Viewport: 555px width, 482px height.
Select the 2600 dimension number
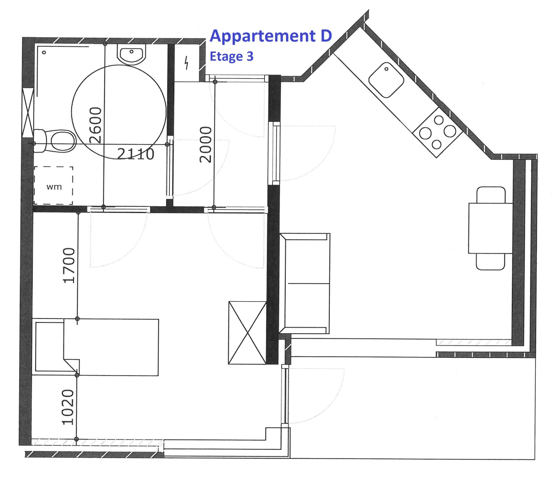coord(95,125)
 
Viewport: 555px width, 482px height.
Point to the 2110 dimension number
coord(136,154)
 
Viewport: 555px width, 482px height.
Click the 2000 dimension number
coord(206,144)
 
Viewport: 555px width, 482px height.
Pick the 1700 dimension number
coord(69,266)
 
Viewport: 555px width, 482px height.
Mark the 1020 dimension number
coord(67,407)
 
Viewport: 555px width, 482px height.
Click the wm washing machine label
coord(54,187)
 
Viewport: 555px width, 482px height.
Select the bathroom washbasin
coord(131,54)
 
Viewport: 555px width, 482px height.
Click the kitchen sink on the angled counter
coord(386,80)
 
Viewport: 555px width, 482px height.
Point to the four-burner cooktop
coord(437,132)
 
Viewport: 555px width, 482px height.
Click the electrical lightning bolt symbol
coord(186,63)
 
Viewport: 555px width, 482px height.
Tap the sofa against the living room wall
coord(305,284)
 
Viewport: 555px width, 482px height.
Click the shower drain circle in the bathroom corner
coord(44,52)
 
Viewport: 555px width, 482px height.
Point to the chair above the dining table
coord(491,195)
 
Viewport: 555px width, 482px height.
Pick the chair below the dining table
coord(490,261)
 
